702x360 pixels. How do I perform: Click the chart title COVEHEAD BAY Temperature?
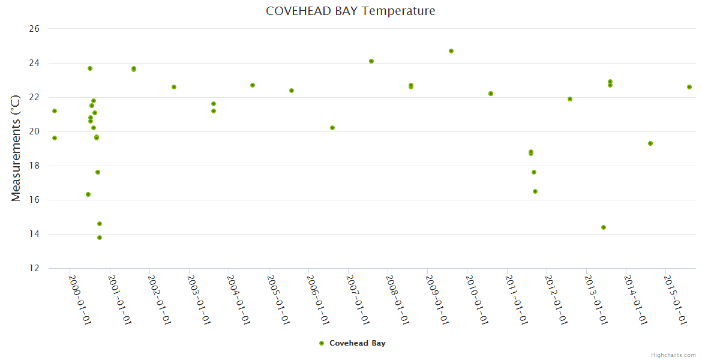(x=350, y=11)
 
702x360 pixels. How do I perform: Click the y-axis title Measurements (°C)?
(x=16, y=148)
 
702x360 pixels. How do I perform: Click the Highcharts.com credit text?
(x=673, y=355)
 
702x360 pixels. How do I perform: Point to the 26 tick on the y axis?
(x=34, y=29)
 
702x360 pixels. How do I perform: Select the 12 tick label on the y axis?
(x=34, y=268)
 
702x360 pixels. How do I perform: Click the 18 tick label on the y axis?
(x=34, y=166)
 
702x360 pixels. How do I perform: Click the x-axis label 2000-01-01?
(x=80, y=299)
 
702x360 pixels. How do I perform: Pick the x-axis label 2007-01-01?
(x=358, y=299)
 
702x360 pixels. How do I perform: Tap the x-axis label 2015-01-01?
(x=676, y=299)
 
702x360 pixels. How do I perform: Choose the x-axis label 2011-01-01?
(x=517, y=299)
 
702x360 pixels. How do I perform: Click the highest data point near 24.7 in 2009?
(x=451, y=51)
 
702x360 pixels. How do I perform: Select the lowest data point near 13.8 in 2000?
(x=100, y=238)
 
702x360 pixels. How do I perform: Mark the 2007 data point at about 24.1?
(x=371, y=61)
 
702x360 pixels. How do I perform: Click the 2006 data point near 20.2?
(x=332, y=128)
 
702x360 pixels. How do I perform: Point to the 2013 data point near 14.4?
(x=604, y=227)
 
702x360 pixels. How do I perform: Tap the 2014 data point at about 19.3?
(x=650, y=143)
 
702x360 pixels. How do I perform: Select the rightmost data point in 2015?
(x=689, y=87)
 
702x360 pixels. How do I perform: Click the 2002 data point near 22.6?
(x=174, y=87)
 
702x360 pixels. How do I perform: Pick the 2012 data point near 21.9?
(x=570, y=99)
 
